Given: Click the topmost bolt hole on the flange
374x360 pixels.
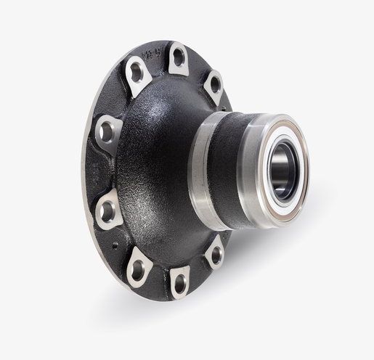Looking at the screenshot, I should pyautogui.click(x=179, y=56).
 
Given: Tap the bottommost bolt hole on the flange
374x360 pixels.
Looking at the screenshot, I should pyautogui.click(x=179, y=284).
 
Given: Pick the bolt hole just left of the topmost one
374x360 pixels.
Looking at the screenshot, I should pyautogui.click(x=136, y=71).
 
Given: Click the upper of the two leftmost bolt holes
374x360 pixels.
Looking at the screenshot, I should pyautogui.click(x=107, y=131).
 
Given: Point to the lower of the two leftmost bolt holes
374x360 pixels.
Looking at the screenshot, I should pyautogui.click(x=107, y=212).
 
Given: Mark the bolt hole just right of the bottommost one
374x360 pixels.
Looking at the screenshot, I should pyautogui.click(x=214, y=255).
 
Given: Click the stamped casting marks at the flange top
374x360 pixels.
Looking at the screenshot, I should pyautogui.click(x=152, y=52).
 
